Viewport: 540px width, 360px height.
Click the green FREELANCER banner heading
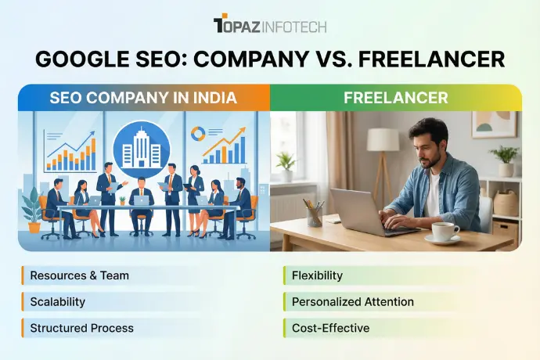click(396, 98)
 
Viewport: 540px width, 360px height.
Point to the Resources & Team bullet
click(79, 275)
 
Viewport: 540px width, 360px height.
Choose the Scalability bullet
click(57, 301)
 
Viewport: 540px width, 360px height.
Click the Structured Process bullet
click(81, 328)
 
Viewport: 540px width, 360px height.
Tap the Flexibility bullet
click(317, 275)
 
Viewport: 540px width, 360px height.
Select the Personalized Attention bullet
click(352, 301)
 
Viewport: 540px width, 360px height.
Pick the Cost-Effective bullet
click(329, 328)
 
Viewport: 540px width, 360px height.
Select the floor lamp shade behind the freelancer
click(383, 139)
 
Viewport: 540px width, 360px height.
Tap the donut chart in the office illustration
click(196, 134)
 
